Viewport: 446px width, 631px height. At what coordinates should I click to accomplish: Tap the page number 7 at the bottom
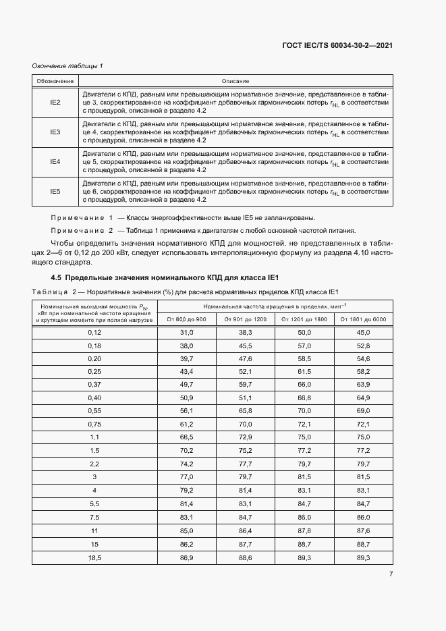coord(391,574)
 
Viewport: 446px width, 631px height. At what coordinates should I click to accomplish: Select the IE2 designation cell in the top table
coord(55,102)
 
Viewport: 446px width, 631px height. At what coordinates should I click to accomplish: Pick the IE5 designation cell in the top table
coord(55,192)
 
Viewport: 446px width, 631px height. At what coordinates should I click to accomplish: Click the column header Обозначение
coord(55,81)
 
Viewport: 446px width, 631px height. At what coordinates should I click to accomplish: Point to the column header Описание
coord(235,81)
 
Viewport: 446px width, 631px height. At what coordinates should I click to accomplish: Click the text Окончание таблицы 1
coord(67,65)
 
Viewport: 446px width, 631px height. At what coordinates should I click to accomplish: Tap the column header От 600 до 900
coord(187,319)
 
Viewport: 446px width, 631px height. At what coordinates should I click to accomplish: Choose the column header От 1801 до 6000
coord(363,319)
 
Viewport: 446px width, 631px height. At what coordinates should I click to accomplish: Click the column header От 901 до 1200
coord(246,319)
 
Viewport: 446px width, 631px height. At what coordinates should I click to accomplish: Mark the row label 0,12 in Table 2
coord(94,333)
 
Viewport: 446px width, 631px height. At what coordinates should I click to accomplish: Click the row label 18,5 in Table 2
coord(94,558)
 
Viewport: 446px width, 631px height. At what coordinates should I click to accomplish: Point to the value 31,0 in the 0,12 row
coord(187,333)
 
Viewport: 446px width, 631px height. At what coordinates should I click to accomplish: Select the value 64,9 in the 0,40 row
coord(363,398)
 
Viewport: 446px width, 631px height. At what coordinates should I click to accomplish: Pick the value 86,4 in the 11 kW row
coord(246,531)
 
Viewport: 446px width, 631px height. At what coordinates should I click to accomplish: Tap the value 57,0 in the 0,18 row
coord(304,346)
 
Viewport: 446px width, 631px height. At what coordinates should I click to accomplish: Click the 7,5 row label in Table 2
coord(94,518)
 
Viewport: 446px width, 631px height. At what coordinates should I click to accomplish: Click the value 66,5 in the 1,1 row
coord(187,437)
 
